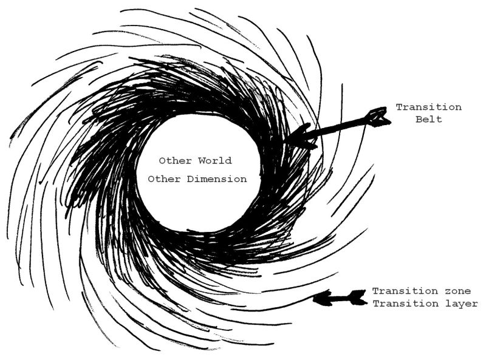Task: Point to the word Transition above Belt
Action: coord(428,107)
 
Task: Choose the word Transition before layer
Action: coord(405,304)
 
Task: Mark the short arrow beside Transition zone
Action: coord(340,297)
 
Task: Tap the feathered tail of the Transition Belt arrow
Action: coord(379,117)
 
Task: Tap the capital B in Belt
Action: coord(418,120)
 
